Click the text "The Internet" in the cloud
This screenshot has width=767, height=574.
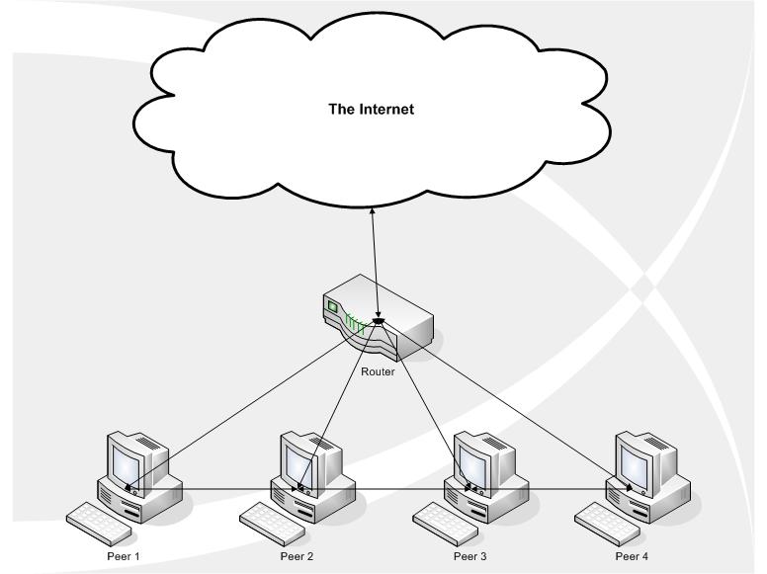coord(371,110)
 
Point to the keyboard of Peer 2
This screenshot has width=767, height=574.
coord(269,520)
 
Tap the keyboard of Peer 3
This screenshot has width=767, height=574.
coord(441,520)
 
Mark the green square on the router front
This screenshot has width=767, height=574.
coord(333,307)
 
